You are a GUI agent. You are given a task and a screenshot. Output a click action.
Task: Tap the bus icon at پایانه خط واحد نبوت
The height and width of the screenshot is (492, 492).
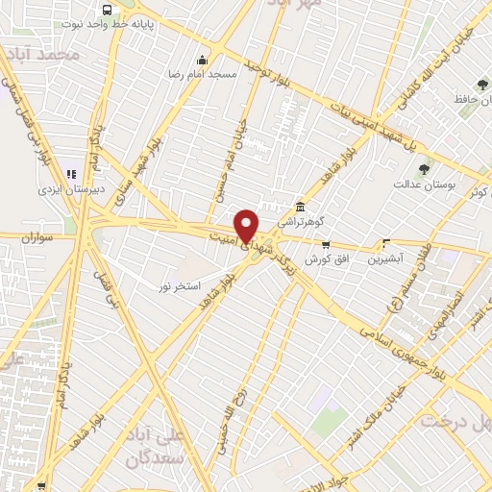click(104, 11)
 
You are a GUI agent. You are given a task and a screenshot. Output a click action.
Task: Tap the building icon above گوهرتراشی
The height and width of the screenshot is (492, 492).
click(301, 207)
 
